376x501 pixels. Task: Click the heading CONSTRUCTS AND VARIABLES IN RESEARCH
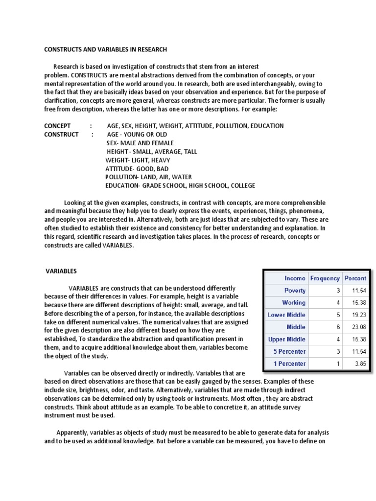pyautogui.click(x=106, y=49)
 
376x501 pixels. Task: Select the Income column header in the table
pyautogui.click(x=295, y=278)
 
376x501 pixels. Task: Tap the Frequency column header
pyautogui.click(x=325, y=278)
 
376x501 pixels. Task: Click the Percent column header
pyautogui.click(x=355, y=278)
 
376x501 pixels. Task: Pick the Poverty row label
pyautogui.click(x=295, y=290)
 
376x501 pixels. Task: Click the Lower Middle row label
pyautogui.click(x=286, y=315)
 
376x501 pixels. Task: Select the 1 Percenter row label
pyautogui.click(x=290, y=364)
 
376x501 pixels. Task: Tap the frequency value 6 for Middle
pyautogui.click(x=337, y=327)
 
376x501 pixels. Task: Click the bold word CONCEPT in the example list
pyautogui.click(x=57, y=126)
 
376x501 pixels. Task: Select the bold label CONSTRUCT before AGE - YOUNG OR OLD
pyautogui.click(x=61, y=134)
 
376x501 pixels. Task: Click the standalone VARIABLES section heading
pyautogui.click(x=61, y=271)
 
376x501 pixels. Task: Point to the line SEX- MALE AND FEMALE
pyautogui.click(x=140, y=143)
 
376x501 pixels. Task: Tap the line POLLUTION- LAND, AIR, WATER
pyautogui.click(x=148, y=177)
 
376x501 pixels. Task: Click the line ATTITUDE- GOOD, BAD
pyautogui.click(x=137, y=168)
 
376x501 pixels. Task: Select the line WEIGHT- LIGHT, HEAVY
pyautogui.click(x=138, y=160)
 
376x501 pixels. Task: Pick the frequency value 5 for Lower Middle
pyautogui.click(x=337, y=315)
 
